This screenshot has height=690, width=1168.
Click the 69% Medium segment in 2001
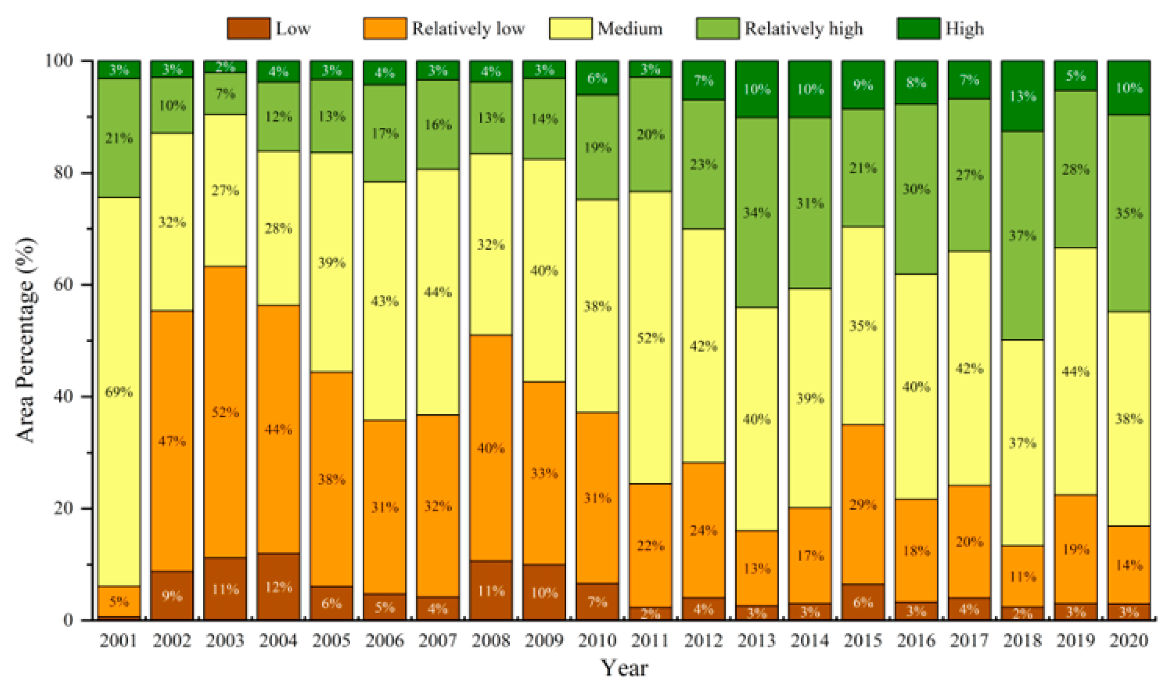(x=118, y=392)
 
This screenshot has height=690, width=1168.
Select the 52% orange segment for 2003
(x=225, y=412)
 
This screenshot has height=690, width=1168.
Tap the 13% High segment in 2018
(x=1022, y=96)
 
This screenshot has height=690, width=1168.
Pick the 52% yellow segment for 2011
(x=650, y=338)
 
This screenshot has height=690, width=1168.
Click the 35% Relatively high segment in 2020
(x=1128, y=214)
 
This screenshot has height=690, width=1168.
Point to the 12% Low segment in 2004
(x=278, y=587)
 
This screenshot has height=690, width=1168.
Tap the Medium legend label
(x=630, y=29)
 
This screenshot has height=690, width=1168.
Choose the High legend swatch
(x=918, y=29)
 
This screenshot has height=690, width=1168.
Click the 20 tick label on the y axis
(x=63, y=508)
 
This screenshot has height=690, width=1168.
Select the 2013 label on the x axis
(x=756, y=641)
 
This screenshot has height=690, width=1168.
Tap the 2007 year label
(x=437, y=641)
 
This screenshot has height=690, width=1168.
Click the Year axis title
(x=624, y=669)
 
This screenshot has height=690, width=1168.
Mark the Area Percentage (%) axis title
(x=26, y=340)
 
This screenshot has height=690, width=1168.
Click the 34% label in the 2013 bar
(x=756, y=213)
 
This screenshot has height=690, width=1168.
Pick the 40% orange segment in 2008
(x=490, y=448)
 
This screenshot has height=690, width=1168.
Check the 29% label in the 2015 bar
(x=862, y=504)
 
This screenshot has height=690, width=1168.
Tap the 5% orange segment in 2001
(x=118, y=601)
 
